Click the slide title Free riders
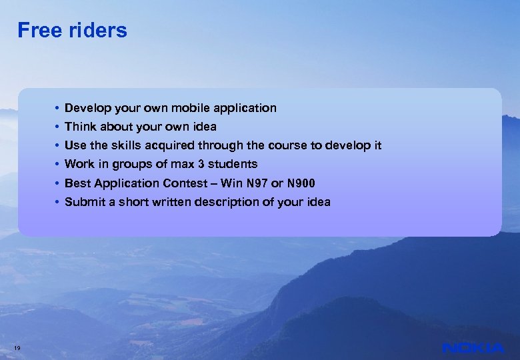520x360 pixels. pos(72,31)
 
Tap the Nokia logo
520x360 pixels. pos(473,347)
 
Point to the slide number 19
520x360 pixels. pos(17,346)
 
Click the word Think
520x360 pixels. pos(80,127)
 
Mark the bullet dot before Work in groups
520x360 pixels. pos(58,164)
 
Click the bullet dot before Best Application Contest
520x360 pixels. pos(58,183)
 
